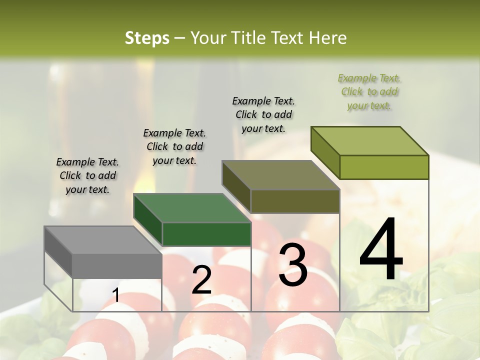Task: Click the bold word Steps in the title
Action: (x=147, y=38)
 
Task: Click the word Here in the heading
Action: (x=327, y=38)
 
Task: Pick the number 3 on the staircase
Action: (x=293, y=265)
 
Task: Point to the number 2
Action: (x=201, y=280)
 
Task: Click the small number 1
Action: (x=115, y=295)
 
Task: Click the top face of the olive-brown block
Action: (x=280, y=175)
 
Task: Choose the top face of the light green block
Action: (x=370, y=141)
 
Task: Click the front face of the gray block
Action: (x=117, y=266)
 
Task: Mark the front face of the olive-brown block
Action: (x=295, y=201)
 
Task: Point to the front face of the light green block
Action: (x=384, y=167)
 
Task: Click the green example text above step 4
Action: (x=369, y=92)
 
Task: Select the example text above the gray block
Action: (x=87, y=175)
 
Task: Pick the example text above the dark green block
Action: (x=174, y=146)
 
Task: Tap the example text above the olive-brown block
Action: (x=263, y=114)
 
